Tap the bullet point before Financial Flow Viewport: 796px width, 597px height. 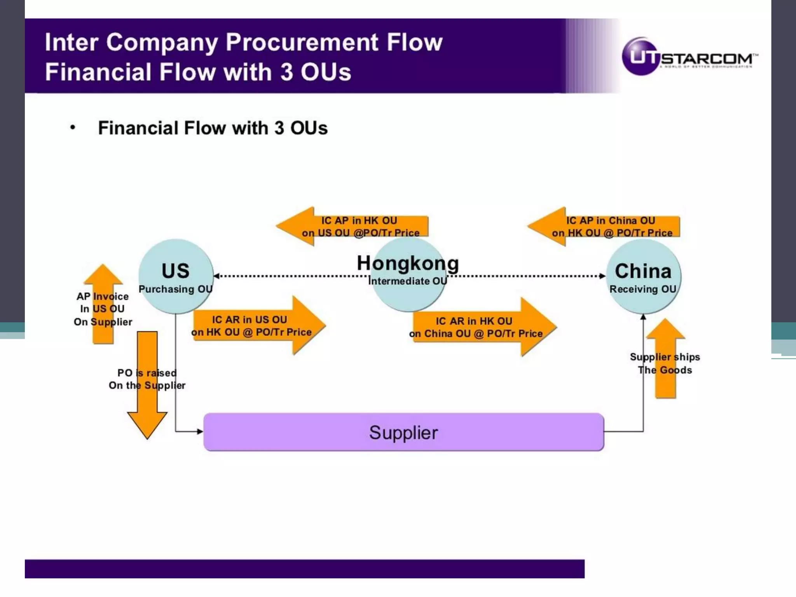coord(73,127)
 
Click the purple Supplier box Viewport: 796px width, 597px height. coord(403,432)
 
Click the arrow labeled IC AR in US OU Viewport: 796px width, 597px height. coord(258,326)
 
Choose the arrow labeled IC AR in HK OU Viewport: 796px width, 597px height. coord(484,327)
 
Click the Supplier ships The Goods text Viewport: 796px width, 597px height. coord(665,363)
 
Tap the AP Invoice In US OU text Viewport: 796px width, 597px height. coord(103,309)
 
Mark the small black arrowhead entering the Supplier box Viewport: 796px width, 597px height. coord(200,431)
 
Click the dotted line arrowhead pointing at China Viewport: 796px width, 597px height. coord(602,276)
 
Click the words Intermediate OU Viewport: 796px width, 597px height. coord(407,281)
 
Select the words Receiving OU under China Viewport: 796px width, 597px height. coord(643,289)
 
